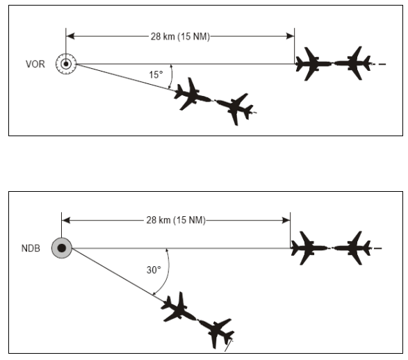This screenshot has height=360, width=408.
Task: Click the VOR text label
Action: [x=35, y=64]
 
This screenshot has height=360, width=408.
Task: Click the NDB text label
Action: [x=31, y=248]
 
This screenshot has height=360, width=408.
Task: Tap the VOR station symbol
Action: [x=66, y=64]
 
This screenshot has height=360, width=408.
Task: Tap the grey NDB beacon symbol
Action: [x=62, y=248]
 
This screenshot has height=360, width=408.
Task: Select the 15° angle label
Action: [x=156, y=74]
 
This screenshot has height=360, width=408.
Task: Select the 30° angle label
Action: [x=154, y=270]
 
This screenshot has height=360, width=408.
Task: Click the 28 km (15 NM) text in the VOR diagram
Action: [x=180, y=36]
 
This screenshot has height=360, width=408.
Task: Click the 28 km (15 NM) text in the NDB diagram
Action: [x=176, y=220]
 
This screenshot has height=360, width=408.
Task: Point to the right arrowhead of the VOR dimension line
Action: [x=290, y=36]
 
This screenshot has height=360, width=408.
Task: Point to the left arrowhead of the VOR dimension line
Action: [x=70, y=36]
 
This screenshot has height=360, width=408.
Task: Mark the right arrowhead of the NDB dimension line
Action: [x=286, y=220]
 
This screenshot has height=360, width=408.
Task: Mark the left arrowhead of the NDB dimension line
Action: [x=66, y=220]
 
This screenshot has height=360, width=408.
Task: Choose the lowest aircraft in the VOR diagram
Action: [x=235, y=108]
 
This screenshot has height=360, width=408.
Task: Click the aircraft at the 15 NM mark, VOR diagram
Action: [x=313, y=64]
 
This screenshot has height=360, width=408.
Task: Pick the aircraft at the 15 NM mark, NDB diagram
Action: [x=309, y=248]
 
